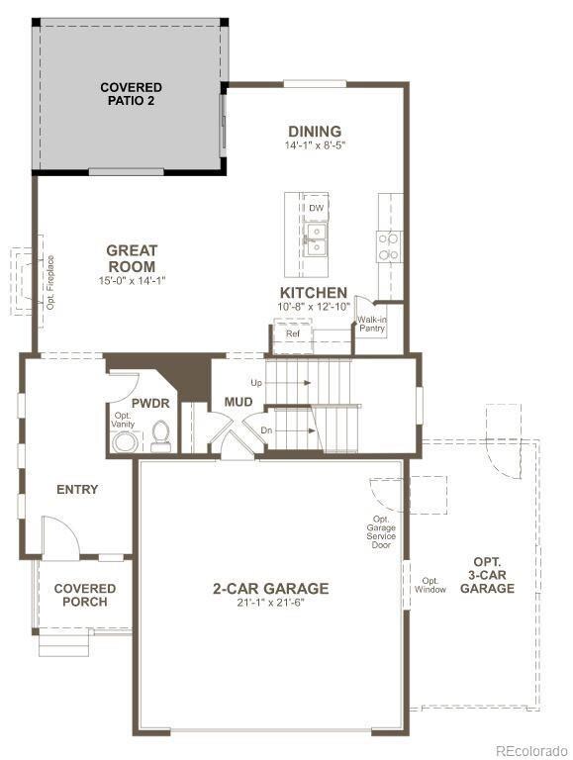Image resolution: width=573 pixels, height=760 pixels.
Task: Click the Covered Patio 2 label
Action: coord(131,94)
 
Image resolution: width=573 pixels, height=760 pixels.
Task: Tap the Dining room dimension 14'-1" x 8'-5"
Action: coord(315,144)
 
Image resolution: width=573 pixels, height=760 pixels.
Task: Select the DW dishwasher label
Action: coord(316,208)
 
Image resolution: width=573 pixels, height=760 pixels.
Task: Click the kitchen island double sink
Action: coord(316,239)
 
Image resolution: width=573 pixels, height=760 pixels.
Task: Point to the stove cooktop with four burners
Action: coord(389,246)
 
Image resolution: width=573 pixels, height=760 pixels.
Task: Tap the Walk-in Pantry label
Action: coord(371,324)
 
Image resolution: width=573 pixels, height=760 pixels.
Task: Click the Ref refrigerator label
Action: coord(293,333)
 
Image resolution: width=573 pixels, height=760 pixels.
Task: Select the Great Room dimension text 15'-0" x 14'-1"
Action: coord(132,280)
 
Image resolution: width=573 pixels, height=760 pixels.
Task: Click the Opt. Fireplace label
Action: coord(50,283)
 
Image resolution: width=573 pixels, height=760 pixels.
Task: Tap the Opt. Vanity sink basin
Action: coord(124,442)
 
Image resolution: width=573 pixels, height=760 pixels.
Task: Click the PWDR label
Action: coord(150,403)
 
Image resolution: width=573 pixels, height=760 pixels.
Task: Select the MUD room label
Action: coord(239,402)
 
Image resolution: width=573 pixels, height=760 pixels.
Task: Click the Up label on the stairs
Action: coord(256,383)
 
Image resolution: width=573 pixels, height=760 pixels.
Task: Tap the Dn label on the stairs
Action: coord(266,430)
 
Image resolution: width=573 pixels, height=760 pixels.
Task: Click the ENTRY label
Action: coord(77,490)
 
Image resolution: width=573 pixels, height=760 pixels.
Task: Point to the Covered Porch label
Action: coord(85,595)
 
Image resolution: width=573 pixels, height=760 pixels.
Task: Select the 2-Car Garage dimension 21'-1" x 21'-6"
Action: coord(270,603)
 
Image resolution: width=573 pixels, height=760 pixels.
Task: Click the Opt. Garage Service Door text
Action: coord(381,532)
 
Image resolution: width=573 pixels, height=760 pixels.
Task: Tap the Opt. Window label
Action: coord(430,585)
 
